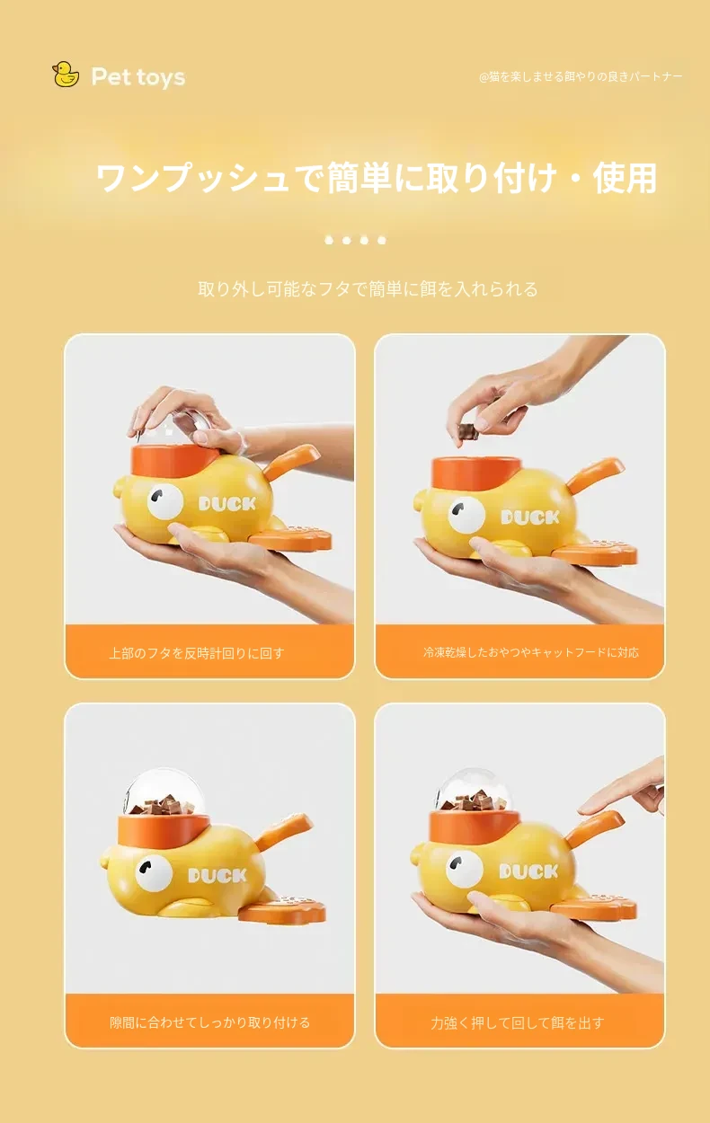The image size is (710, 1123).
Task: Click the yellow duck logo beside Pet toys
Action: [x=66, y=75]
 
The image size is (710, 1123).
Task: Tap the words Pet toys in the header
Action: [x=138, y=77]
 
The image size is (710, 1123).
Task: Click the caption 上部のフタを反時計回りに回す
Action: [x=197, y=653]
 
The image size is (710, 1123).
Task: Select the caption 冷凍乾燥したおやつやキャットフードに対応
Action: [x=531, y=652]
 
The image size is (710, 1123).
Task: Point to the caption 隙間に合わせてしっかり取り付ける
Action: [x=209, y=1022]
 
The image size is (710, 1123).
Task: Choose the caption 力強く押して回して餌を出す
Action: [x=518, y=1022]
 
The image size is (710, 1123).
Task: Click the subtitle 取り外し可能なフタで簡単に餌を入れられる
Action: [x=368, y=289]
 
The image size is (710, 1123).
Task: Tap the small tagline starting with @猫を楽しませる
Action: [x=581, y=76]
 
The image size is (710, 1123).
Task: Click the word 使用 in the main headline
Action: [x=625, y=178]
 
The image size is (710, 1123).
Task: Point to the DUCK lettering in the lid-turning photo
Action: [x=227, y=503]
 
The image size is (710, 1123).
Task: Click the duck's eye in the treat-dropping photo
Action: [x=466, y=515]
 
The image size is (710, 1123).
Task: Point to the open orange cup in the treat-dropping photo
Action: [x=475, y=473]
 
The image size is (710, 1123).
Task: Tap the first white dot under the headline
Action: [x=329, y=240]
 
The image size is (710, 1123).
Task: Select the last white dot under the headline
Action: [x=382, y=240]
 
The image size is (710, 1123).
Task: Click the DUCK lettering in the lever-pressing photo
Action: [x=528, y=871]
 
